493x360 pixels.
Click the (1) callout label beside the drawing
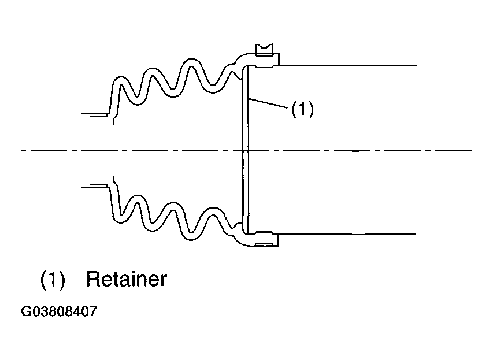(x=302, y=109)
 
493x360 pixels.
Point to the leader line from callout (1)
(x=268, y=104)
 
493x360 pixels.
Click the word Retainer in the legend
(x=127, y=279)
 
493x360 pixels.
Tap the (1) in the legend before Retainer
(x=53, y=279)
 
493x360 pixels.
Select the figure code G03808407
(x=59, y=311)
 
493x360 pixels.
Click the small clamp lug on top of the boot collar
(x=265, y=50)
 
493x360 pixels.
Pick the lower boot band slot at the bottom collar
(x=265, y=244)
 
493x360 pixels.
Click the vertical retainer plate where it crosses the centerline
(x=246, y=150)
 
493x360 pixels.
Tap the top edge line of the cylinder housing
(x=347, y=65)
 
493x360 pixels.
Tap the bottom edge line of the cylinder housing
(x=347, y=234)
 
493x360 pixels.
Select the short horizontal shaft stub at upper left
(x=95, y=114)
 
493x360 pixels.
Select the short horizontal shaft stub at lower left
(x=95, y=186)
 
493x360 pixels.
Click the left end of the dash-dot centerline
(x=22, y=151)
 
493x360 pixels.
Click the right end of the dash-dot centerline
(x=471, y=150)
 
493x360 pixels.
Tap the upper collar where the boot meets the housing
(x=258, y=60)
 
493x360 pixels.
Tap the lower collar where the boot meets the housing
(x=258, y=239)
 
